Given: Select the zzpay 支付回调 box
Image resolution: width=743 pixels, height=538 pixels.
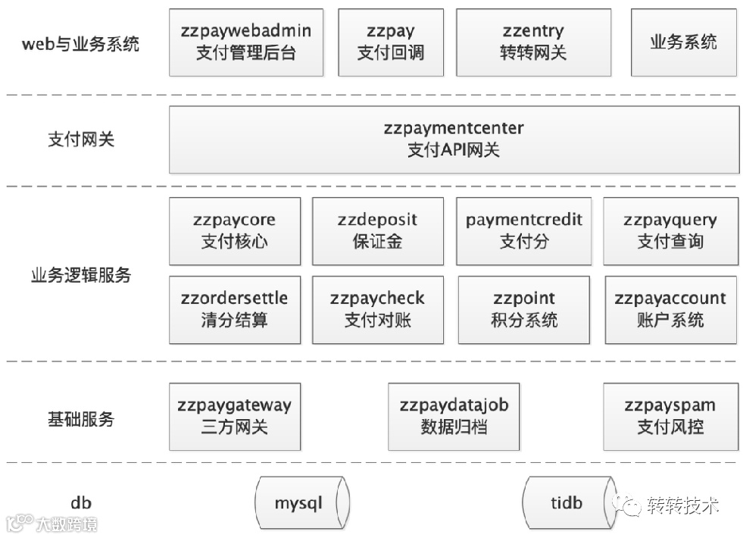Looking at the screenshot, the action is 390,42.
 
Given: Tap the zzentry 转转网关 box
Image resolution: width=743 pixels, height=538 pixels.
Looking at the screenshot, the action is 533,42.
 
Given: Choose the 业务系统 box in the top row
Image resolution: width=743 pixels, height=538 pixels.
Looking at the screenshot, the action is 683,42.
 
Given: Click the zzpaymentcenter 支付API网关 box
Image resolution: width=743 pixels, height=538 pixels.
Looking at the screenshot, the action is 454,139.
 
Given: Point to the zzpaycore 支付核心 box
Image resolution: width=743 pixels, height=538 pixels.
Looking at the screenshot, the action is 235,231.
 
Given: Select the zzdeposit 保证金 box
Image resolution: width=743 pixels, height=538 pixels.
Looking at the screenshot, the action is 377,231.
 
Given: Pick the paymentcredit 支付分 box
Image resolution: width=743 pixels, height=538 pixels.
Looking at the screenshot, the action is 524,231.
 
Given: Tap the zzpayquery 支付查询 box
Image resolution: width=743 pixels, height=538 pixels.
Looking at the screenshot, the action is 670,231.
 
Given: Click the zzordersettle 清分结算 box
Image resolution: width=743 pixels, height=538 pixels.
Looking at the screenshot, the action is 235,309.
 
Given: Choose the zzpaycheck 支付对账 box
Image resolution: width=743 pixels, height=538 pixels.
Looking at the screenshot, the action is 377,309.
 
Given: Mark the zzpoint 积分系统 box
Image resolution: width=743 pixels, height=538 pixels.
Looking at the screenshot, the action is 524,309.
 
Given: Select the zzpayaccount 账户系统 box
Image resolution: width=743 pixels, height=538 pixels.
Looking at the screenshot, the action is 670,309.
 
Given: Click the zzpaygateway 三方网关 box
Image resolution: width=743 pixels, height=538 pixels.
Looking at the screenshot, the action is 235,417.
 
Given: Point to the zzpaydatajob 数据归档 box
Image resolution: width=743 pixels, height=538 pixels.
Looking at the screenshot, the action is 454,417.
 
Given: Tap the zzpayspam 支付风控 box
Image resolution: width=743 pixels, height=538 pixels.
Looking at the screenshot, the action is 670,417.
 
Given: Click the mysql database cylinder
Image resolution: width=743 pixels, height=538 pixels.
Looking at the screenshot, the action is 301,502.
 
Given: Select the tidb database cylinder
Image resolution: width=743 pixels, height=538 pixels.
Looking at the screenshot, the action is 567,502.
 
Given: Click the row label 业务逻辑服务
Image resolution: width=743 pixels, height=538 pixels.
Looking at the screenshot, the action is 81,275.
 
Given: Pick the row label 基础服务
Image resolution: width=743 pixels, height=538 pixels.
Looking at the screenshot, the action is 81,418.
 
